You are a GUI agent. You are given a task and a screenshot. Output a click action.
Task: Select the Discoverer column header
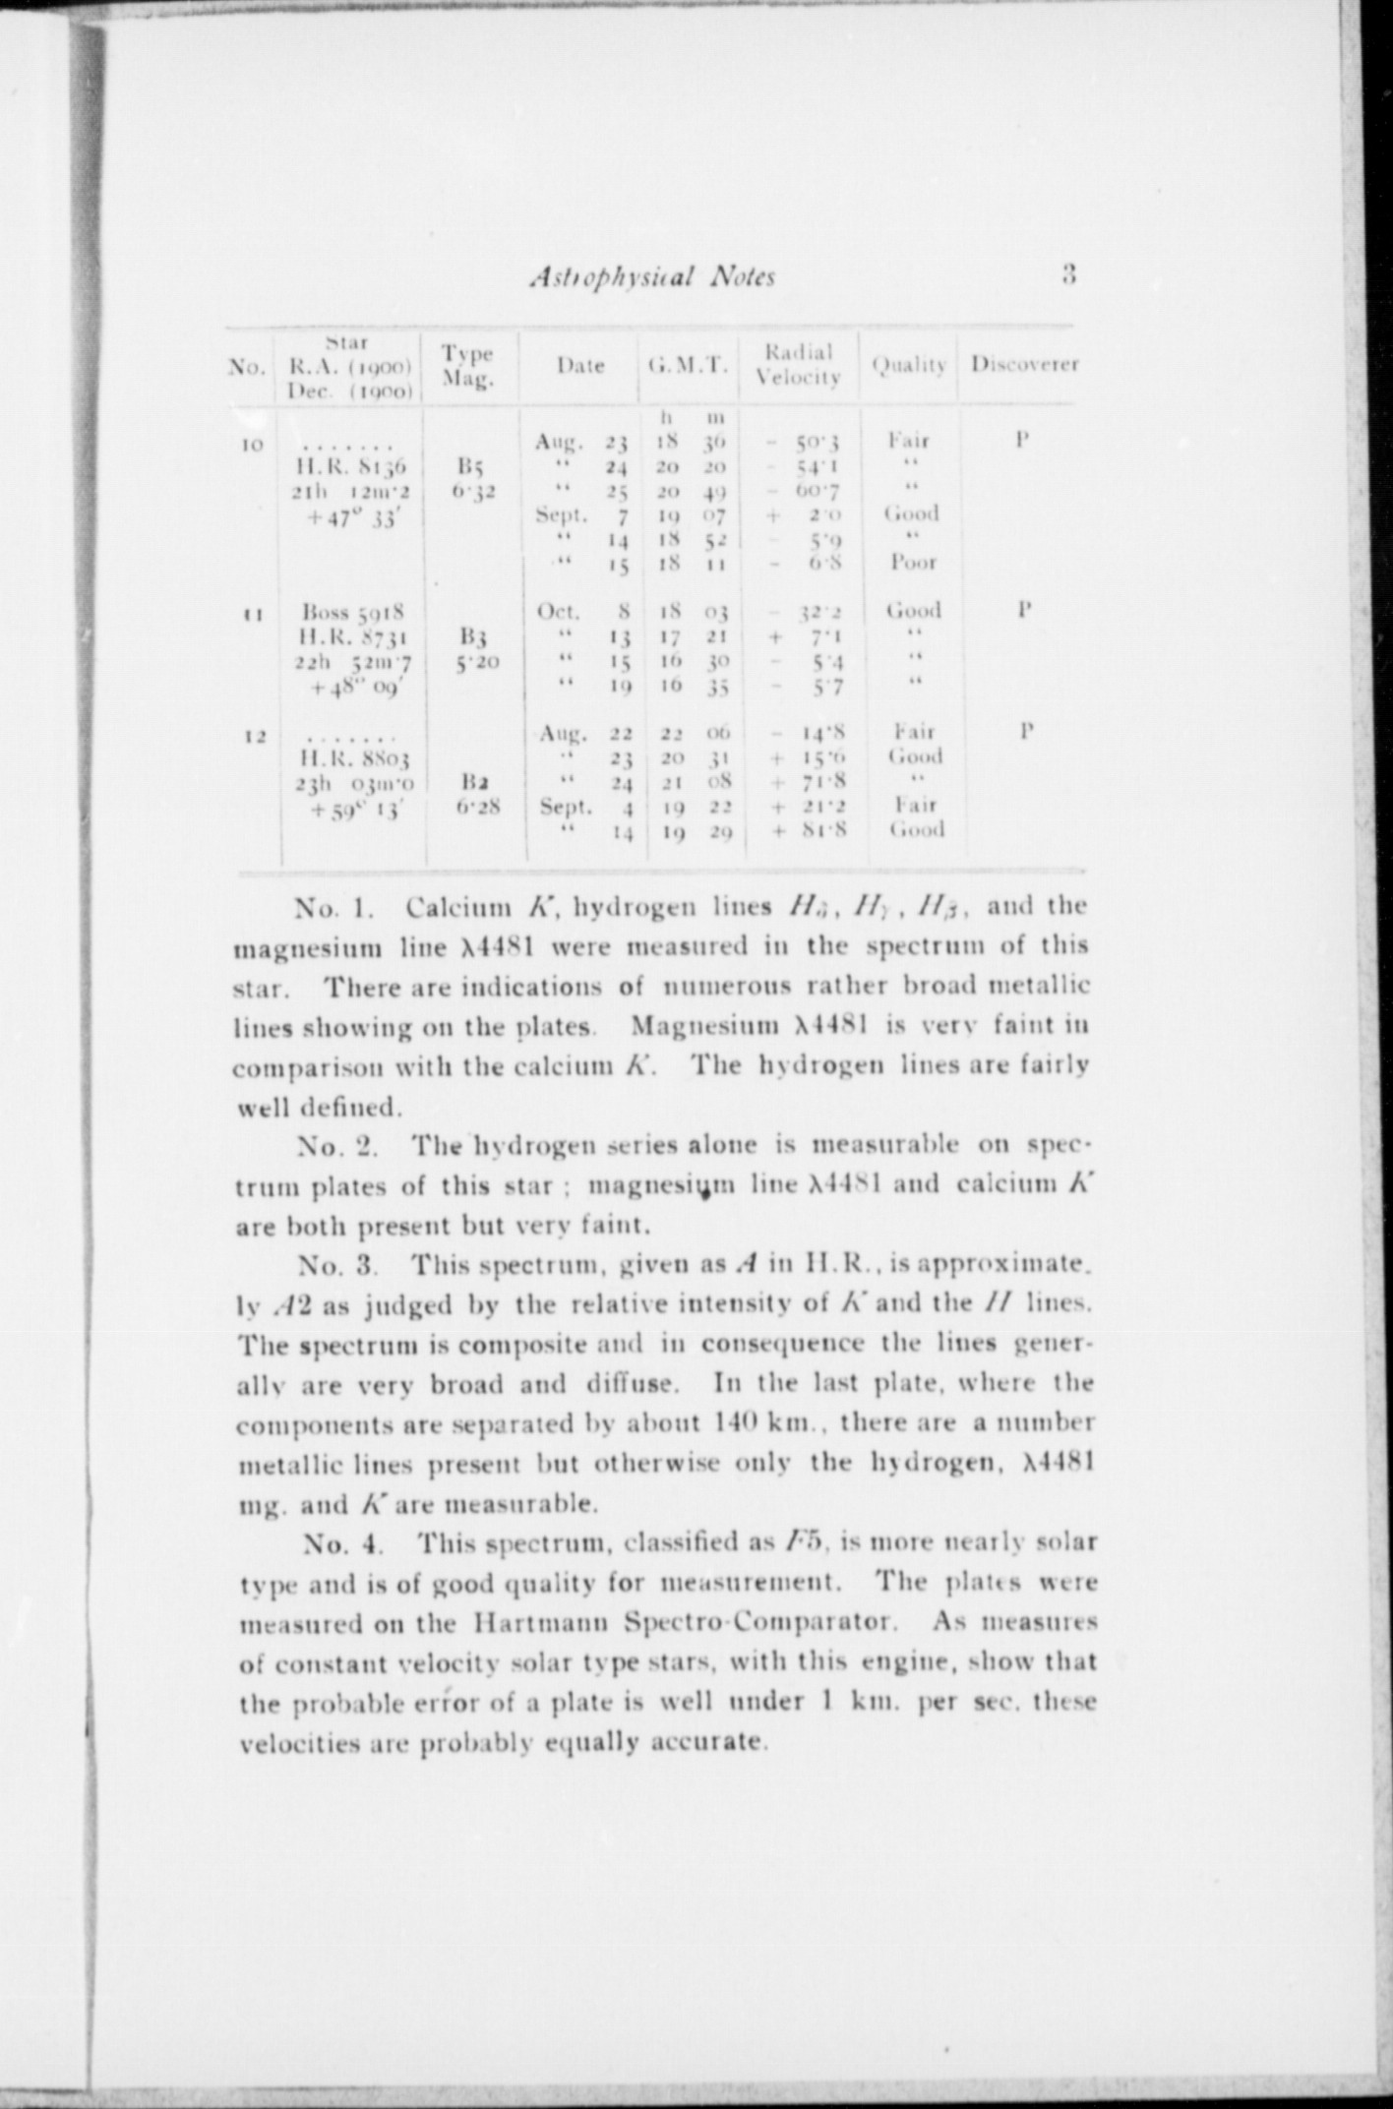point(1025,364)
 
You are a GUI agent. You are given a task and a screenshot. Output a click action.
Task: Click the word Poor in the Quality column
point(913,563)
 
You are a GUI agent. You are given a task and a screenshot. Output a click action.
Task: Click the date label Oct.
point(559,612)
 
